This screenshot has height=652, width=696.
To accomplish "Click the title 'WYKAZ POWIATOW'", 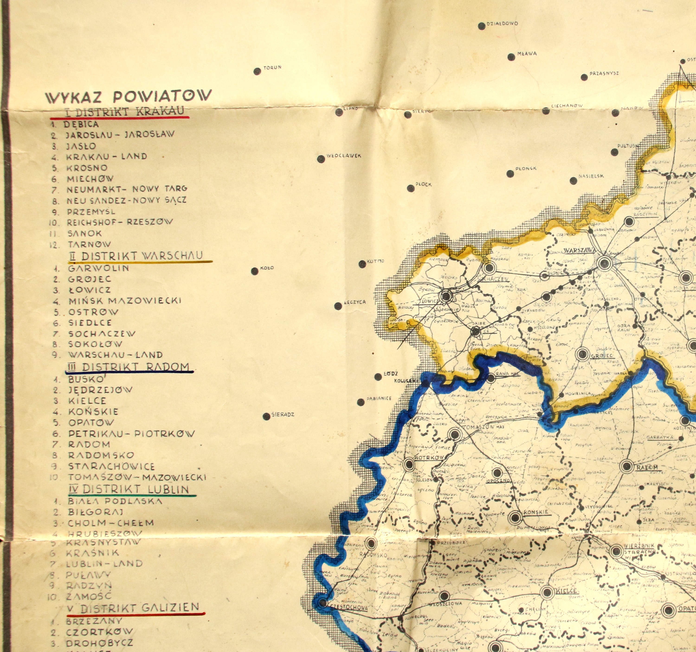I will coord(129,96).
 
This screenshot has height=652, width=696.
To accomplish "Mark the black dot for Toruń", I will coord(257,72).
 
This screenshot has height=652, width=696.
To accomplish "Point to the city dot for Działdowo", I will coord(482,26).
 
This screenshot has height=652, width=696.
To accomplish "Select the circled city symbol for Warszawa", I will coord(605,263).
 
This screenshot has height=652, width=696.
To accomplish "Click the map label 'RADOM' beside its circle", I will coord(647,467).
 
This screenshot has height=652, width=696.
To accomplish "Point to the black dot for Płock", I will coord(411,188).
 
